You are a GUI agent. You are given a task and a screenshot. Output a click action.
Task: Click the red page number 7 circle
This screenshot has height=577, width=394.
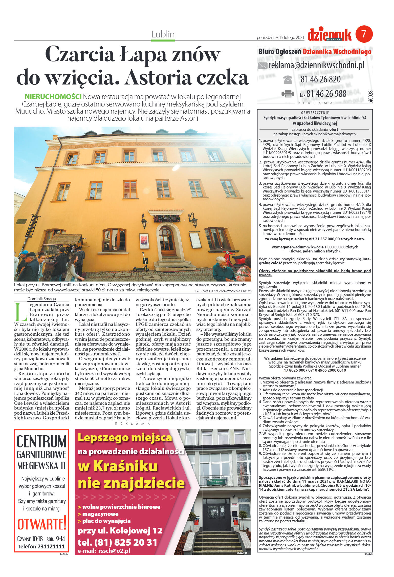click(364, 34)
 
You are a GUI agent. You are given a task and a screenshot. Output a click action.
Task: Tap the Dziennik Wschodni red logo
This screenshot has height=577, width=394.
click(329, 35)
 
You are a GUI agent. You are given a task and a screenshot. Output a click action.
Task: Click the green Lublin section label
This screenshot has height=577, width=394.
click(163, 34)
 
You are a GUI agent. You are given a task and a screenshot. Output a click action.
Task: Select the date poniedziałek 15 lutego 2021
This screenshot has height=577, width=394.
click(280, 38)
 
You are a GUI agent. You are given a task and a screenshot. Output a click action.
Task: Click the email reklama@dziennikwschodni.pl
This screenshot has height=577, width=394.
click(316, 66)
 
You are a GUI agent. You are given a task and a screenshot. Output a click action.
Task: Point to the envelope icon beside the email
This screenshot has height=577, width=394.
click(262, 66)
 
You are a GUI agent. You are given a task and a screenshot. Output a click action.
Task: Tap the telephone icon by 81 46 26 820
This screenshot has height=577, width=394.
click(288, 79)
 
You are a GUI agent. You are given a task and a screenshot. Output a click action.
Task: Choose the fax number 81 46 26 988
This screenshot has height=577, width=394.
click(326, 94)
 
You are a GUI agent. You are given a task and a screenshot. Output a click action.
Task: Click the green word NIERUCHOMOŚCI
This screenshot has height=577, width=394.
click(53, 97)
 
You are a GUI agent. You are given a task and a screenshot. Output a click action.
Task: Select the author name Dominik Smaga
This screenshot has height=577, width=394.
click(41, 299)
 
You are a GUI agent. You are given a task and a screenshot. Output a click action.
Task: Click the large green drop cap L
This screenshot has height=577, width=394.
click(21, 312)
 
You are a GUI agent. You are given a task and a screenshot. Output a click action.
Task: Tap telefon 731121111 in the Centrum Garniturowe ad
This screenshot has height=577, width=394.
click(41, 546)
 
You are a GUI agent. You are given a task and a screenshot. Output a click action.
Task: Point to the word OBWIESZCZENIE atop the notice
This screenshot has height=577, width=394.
click(315, 113)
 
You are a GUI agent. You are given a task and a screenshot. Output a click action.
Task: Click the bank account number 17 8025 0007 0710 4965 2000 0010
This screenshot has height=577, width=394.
click(315, 370)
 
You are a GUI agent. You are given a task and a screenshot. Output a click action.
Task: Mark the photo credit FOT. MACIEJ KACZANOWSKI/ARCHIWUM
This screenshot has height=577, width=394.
click(223, 291)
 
